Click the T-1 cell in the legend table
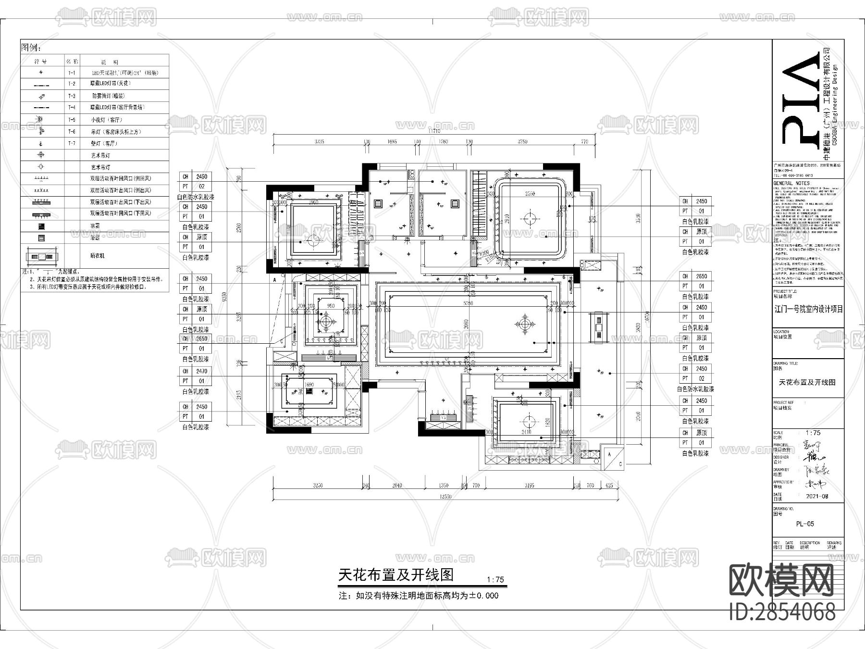point(72,73)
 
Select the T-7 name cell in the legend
point(72,143)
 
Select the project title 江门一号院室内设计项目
point(808,309)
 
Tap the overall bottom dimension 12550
point(445,497)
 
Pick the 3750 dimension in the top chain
point(522,141)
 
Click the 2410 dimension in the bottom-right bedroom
point(527,432)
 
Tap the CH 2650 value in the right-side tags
point(702,276)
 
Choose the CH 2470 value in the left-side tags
point(202,371)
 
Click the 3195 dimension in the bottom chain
point(529,486)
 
